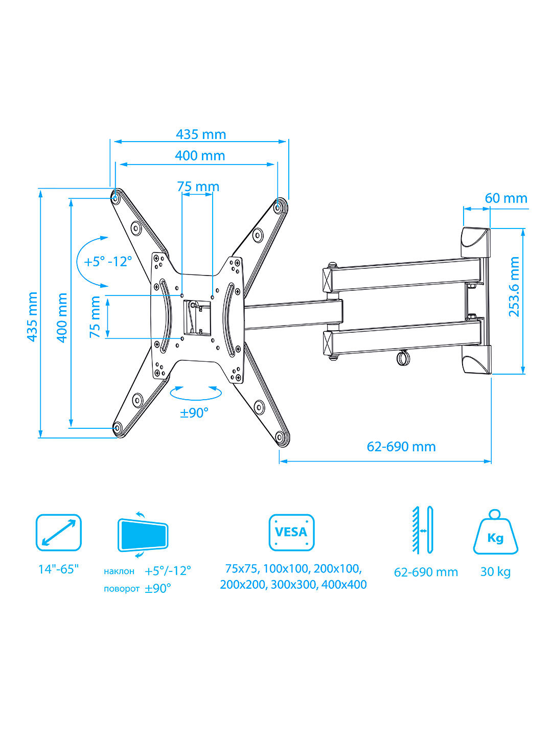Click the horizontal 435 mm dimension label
coord(201,134)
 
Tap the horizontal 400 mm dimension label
coord(200,155)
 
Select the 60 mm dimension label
coord(506,198)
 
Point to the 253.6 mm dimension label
coord(514,287)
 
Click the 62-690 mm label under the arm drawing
coord(401,447)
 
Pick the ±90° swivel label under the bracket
coord(194,413)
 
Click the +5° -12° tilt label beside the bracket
coord(107,262)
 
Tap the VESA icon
coord(291,533)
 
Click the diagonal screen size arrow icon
coord(59,533)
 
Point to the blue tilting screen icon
coord(143,535)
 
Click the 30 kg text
coord(495,572)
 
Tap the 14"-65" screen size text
coord(58,569)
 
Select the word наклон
coord(119,571)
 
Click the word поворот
coord(121,589)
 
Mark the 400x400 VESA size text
coord(344,584)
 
